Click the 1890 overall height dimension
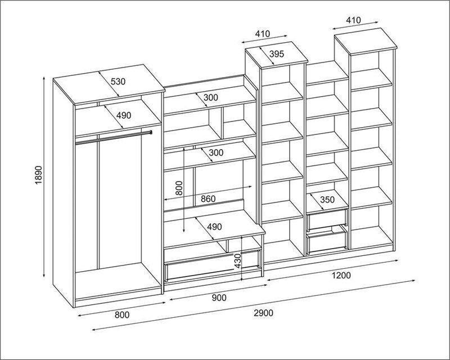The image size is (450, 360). pos(39,174)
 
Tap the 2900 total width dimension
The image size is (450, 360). pos(263,313)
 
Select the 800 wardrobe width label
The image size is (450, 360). pos(122,315)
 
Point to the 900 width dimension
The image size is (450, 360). pos(219,298)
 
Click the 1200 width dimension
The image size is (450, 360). pos(341,275)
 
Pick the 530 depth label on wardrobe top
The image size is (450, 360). pos(118,82)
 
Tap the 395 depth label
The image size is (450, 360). pos(277,53)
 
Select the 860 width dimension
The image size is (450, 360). pos(208,199)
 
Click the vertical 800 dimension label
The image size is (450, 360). pos(179,188)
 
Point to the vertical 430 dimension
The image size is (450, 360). pos(238,261)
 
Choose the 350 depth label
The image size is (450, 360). pos(327,199)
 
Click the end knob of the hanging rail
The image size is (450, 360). pos(151,132)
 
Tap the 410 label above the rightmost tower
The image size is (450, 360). pos(353,20)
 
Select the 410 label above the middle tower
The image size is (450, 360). pos(263,34)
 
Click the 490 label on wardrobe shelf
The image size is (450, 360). pos(124,115)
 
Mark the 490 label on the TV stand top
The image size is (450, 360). pos(215,227)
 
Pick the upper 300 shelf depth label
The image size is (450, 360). pos(211,97)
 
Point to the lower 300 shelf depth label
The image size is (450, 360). pos(216,152)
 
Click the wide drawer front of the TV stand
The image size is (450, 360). pos(213,265)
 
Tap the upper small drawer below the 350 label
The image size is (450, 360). pos(327,219)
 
